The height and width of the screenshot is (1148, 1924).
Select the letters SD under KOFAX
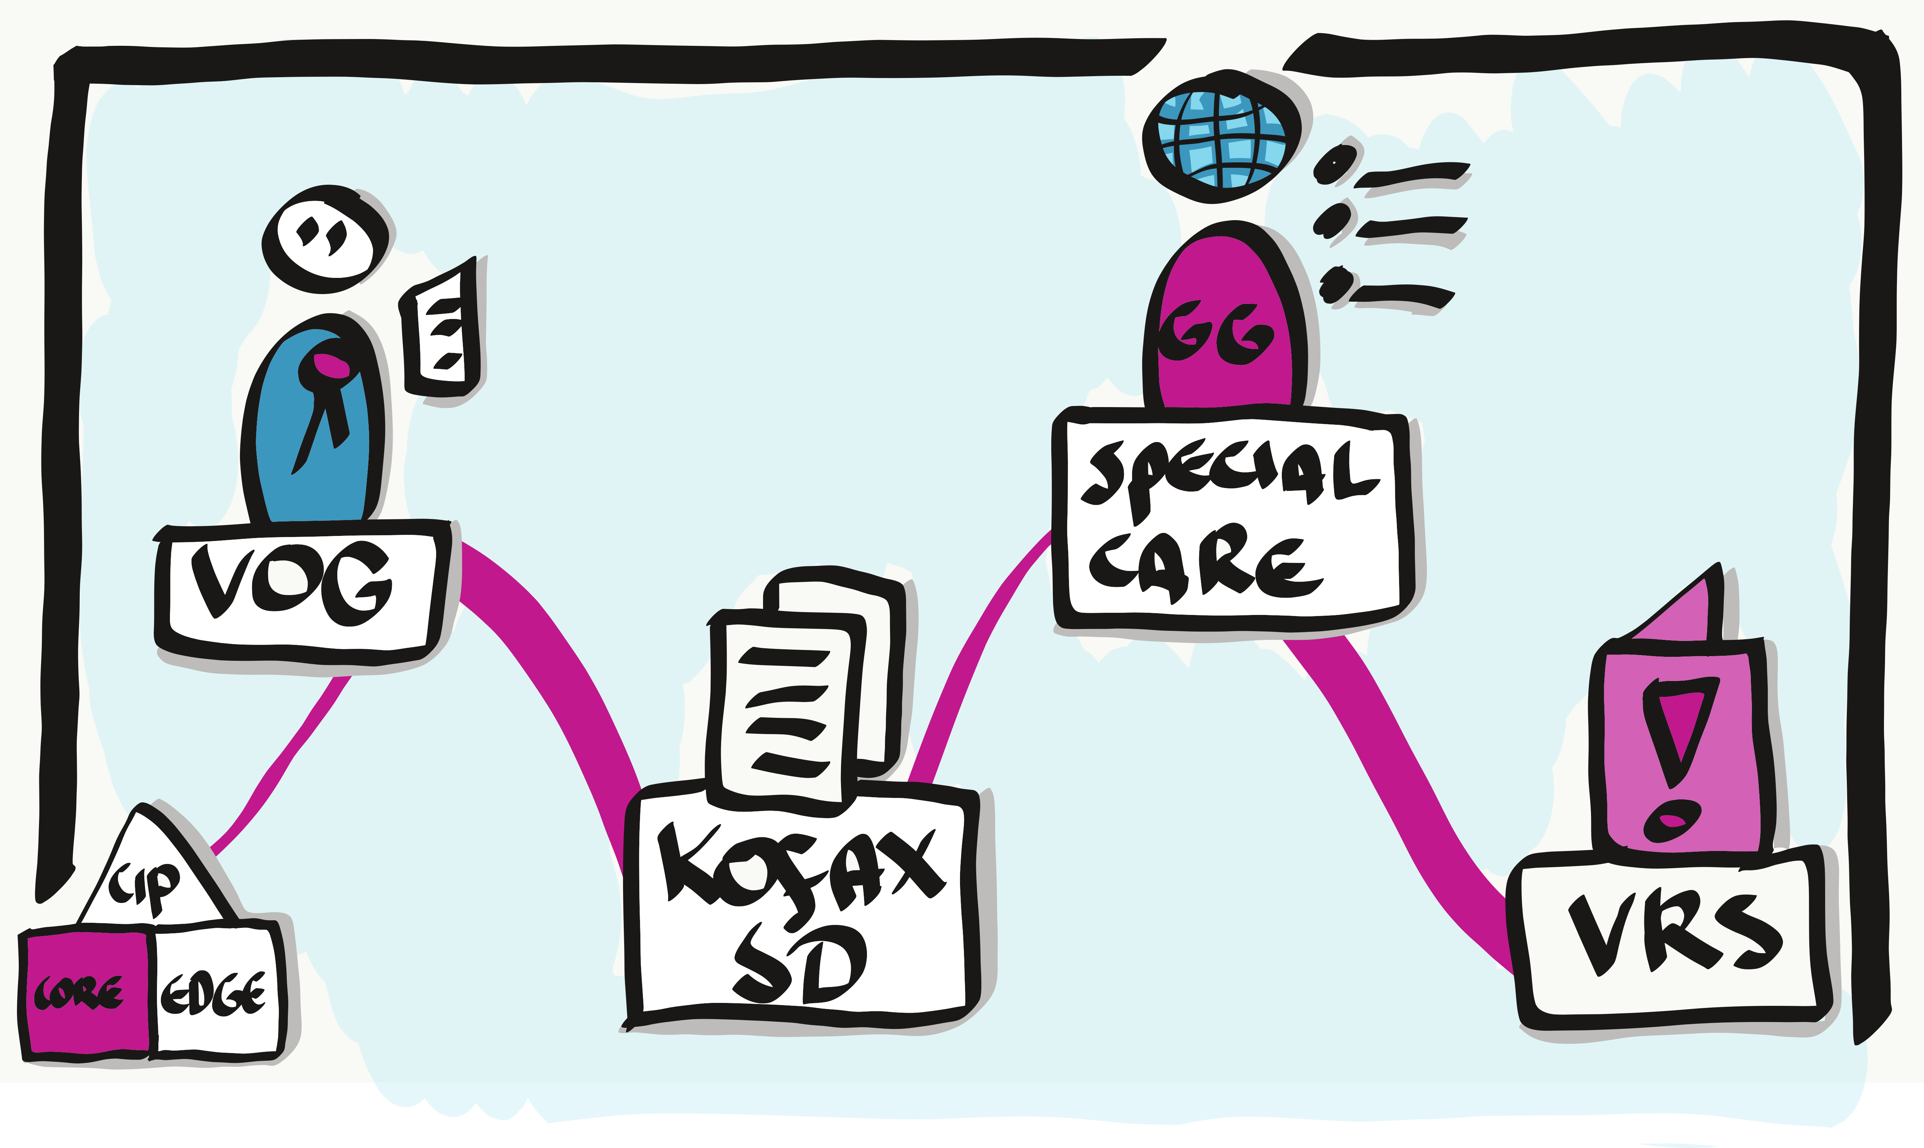click(x=801, y=963)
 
